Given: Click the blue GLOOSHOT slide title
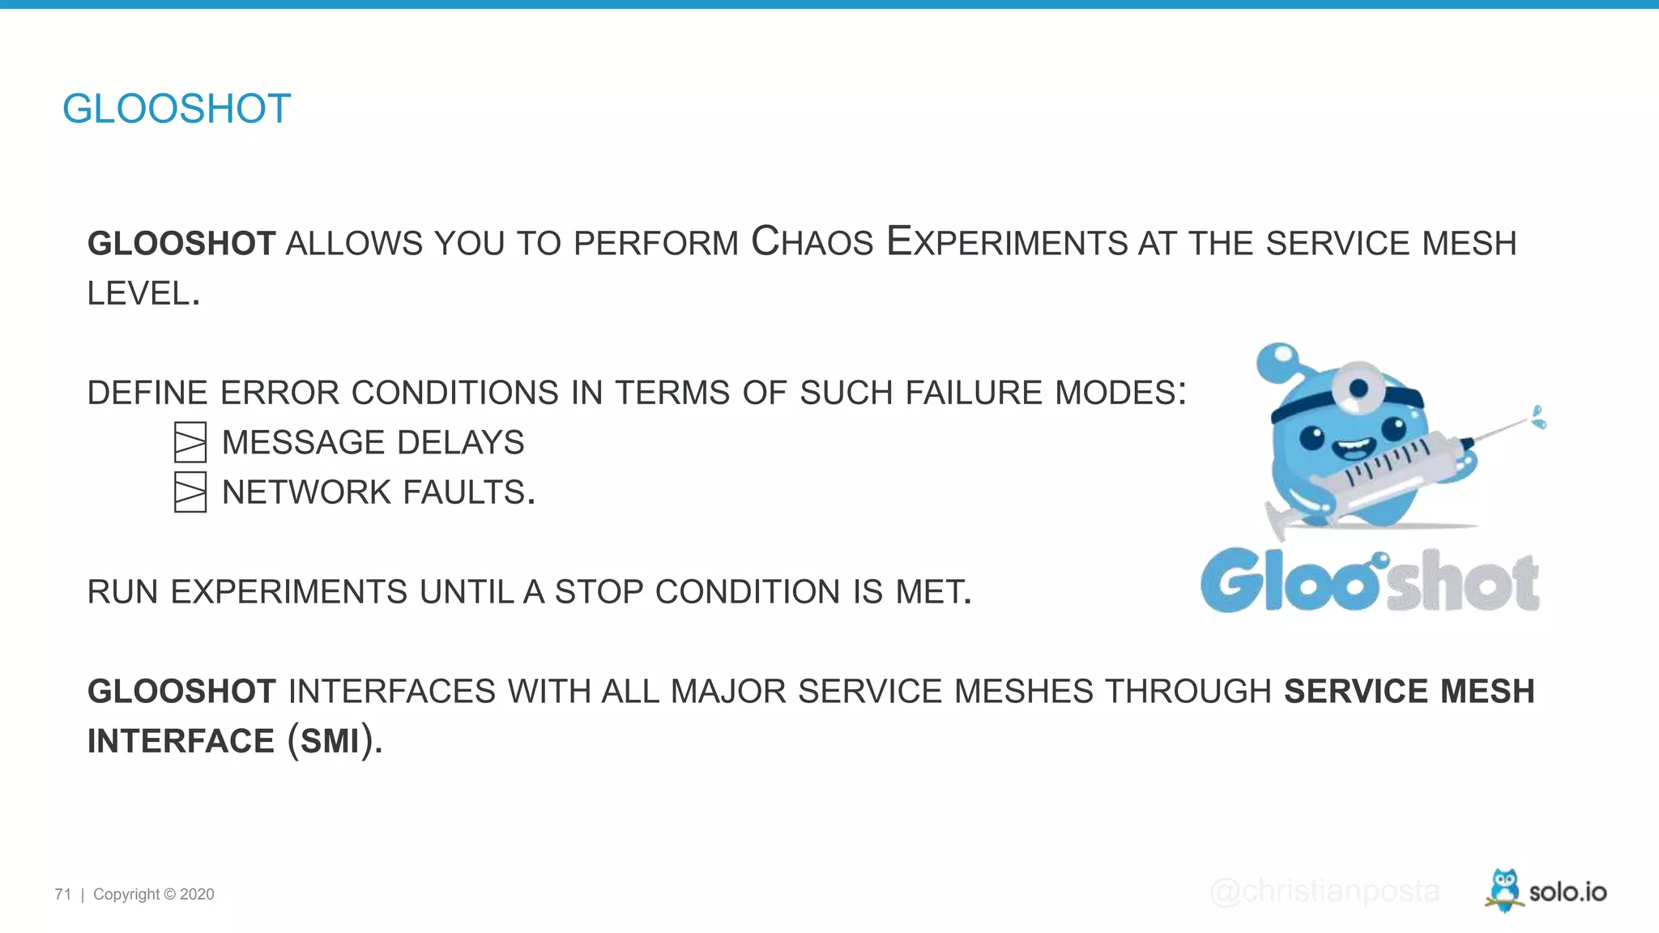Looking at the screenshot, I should tap(177, 109).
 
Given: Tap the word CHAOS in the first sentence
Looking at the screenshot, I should tap(812, 242).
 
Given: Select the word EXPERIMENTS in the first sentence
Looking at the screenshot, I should tap(1007, 242).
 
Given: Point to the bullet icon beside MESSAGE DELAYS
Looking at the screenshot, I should tap(190, 442).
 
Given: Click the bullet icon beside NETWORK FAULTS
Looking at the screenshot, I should tap(190, 492).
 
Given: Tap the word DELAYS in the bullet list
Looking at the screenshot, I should tap(460, 442).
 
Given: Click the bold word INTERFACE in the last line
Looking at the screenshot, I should tap(181, 741).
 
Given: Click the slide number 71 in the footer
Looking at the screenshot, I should tap(63, 894).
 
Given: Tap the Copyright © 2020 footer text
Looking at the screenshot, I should tap(154, 894).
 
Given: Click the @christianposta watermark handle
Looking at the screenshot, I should tap(1324, 891).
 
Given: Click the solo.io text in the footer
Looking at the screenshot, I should tap(1567, 892).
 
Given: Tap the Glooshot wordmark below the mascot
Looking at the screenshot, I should tap(1370, 581).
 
